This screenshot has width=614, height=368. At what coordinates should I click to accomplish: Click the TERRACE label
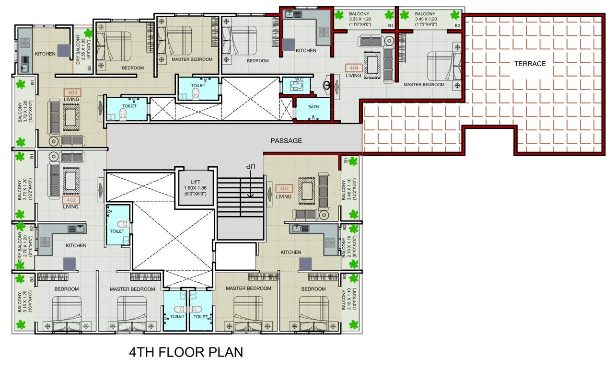530,64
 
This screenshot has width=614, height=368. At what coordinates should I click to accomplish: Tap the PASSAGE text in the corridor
286,141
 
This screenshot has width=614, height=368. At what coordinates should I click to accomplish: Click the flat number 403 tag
71,92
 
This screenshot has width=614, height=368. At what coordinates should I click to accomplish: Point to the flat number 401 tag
284,189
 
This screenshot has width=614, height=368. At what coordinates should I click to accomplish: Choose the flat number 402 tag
71,199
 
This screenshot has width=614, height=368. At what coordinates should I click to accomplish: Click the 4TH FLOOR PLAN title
186,352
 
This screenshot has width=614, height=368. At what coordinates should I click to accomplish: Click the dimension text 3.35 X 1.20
362,20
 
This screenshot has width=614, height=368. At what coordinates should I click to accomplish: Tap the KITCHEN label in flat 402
76,245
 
